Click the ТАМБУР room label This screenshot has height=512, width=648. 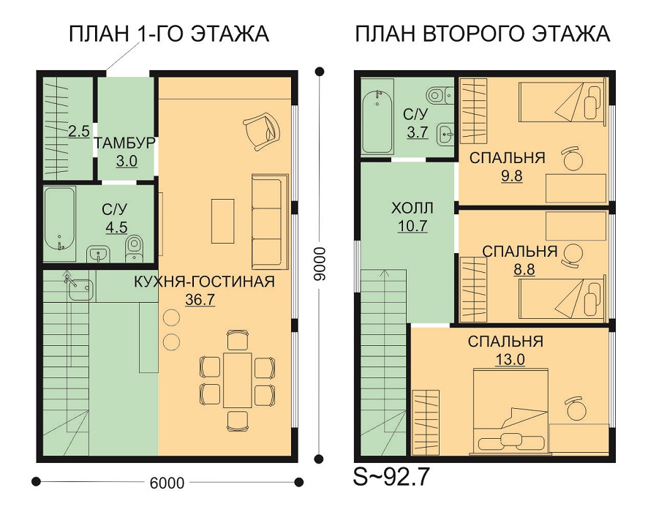(124, 143)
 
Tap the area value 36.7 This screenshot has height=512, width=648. (200, 299)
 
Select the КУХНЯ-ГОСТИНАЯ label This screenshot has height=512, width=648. (204, 282)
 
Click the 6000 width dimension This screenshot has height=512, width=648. (167, 482)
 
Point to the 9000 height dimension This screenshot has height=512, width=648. (319, 265)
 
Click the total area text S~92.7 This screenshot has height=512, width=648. (391, 477)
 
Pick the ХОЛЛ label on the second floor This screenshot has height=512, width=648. (412, 208)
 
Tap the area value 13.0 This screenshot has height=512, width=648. (510, 359)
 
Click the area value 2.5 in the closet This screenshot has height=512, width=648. (79, 132)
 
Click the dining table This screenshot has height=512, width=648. (237, 380)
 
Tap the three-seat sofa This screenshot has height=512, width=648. (269, 222)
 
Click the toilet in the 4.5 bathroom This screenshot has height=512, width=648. (134, 249)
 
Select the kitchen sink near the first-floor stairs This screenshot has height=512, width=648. (80, 289)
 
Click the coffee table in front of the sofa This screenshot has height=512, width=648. (222, 221)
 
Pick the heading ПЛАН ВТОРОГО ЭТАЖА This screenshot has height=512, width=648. (483, 34)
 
